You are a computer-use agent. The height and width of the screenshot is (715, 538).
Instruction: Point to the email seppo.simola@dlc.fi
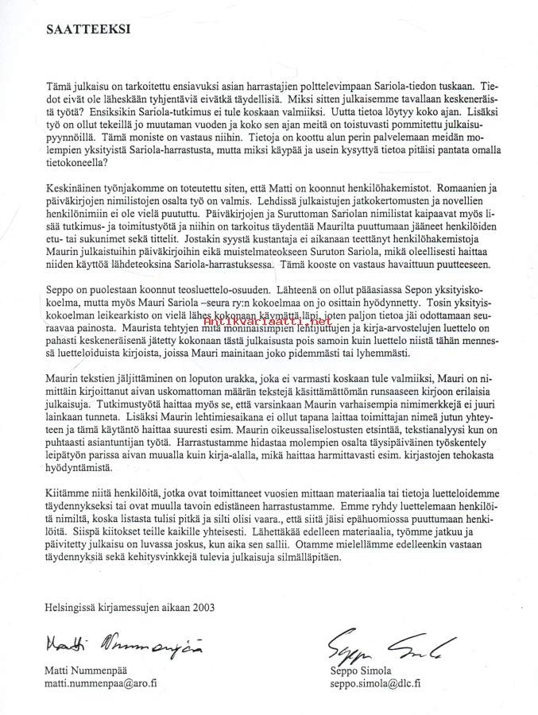pyautogui.click(x=375, y=682)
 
